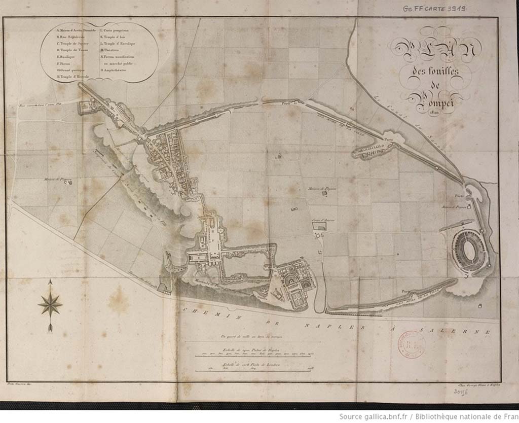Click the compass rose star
[50, 304]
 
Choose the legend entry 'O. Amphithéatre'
[116, 70]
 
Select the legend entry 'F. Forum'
[64, 63]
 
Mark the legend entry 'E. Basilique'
[67, 57]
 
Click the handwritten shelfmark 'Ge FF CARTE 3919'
[434, 8]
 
